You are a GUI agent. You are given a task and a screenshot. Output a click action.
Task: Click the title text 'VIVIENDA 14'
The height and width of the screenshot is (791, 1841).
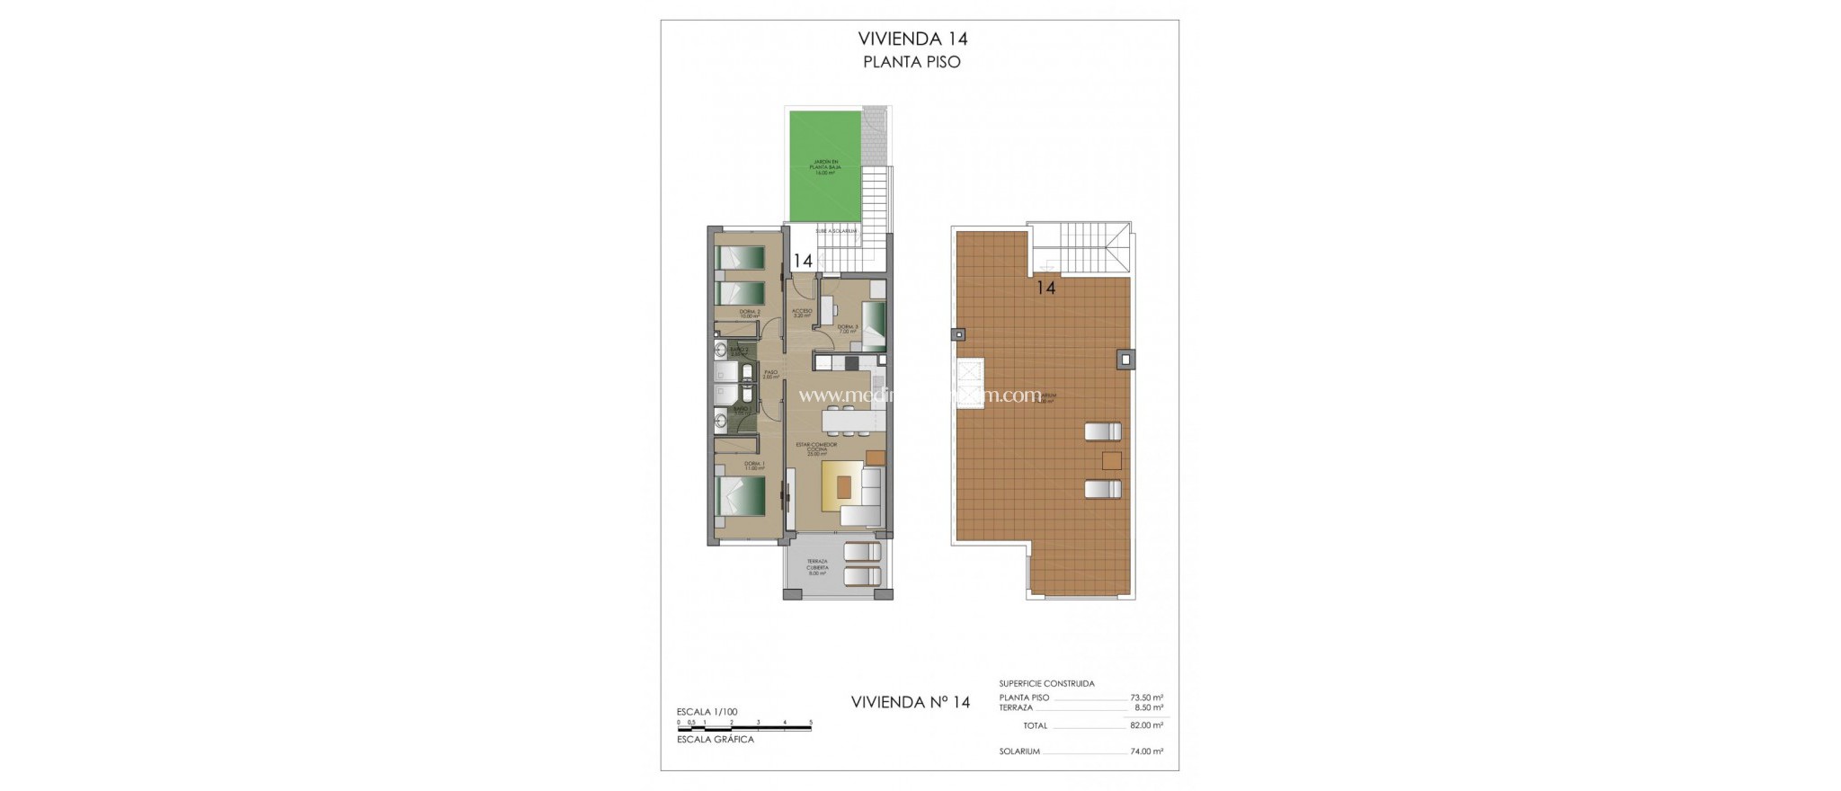[x=912, y=39]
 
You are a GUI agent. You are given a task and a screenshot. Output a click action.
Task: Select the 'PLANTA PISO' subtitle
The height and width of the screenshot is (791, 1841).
[x=912, y=62]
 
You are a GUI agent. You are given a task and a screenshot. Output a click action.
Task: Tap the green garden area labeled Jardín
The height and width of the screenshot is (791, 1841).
[x=825, y=166]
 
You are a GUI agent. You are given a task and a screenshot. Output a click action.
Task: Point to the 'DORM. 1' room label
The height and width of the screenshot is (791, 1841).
[x=753, y=466]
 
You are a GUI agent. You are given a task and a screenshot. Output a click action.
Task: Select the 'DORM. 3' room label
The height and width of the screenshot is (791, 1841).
[x=848, y=329]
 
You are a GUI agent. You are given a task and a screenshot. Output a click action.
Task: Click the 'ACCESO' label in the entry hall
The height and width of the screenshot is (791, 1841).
[x=802, y=313]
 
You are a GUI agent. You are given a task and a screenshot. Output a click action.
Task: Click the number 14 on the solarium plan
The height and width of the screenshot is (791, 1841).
[x=1045, y=289]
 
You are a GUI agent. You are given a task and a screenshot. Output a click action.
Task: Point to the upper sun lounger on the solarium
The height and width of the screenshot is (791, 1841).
[x=1103, y=431]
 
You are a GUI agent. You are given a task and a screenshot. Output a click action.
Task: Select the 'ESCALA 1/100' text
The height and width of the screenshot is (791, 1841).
[x=707, y=712]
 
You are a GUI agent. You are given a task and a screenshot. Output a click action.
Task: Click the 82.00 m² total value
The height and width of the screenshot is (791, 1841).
[x=1146, y=725]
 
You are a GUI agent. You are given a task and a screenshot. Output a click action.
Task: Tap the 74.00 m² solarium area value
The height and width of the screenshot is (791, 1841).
[x=1146, y=751]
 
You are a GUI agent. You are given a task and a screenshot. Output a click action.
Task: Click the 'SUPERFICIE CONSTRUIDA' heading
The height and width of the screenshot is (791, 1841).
[x=1046, y=684]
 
